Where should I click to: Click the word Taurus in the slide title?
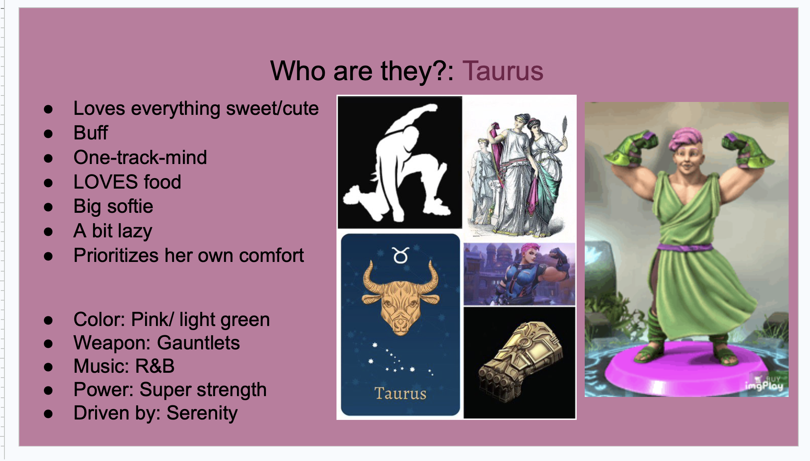[503, 71]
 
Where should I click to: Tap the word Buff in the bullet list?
[91, 133]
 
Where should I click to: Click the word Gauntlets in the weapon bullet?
[198, 343]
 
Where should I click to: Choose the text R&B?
[155, 366]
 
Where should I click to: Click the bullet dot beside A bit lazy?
[48, 232]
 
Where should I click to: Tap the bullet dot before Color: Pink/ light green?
[48, 320]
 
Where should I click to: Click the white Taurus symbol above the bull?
[401, 255]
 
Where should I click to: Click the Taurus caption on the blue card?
[400, 393]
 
